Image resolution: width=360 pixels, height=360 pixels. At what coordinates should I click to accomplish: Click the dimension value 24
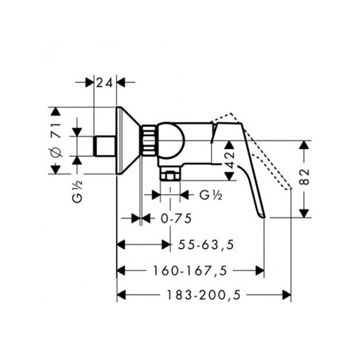(104, 83)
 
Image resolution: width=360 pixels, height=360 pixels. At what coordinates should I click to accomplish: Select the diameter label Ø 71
(56, 140)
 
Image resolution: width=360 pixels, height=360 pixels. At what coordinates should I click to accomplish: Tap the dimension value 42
(229, 160)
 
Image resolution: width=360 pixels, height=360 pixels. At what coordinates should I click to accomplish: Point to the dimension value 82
(304, 177)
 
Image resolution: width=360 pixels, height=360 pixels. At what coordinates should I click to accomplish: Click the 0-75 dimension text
(176, 219)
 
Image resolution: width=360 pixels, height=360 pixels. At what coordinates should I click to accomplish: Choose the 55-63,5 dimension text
(206, 244)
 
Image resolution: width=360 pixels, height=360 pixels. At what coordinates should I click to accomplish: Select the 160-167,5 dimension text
(190, 271)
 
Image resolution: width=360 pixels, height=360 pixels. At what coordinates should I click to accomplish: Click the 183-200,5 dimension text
(204, 295)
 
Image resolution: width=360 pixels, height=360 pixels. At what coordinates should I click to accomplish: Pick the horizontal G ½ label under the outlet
(211, 195)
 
